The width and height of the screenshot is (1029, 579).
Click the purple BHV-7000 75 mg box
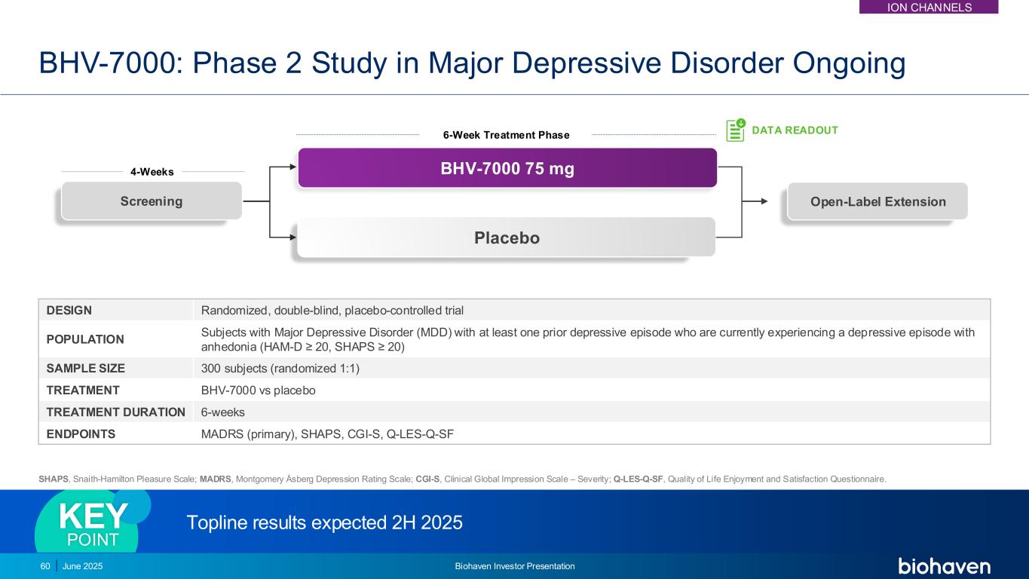(507, 168)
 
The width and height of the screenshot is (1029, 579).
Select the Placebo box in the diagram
(506, 237)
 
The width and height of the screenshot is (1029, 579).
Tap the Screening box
(152, 201)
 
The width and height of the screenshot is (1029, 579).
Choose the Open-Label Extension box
(877, 201)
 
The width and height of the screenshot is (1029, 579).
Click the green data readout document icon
(735, 130)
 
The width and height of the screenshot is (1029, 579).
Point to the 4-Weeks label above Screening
(152, 172)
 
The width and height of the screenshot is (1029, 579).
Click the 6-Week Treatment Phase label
(506, 135)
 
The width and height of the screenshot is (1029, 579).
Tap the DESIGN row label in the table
(69, 310)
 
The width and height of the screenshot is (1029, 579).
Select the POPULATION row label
(84, 339)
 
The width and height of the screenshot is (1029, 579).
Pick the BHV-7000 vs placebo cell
(258, 391)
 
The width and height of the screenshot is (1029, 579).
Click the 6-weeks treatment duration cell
(222, 412)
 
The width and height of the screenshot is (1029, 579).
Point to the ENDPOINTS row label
(81, 433)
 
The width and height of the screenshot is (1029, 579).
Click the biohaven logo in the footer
(944, 566)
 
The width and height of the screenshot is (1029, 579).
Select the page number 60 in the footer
(45, 566)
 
